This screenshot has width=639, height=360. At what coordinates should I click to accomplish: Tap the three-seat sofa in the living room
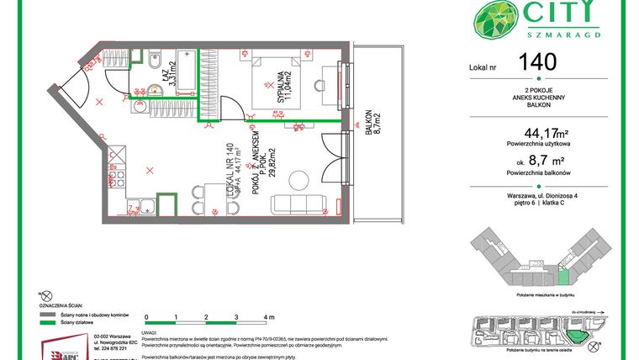click(x=298, y=205)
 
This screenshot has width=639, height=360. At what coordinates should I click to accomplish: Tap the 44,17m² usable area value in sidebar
click(x=546, y=132)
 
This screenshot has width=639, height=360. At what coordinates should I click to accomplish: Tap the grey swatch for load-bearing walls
click(x=49, y=313)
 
